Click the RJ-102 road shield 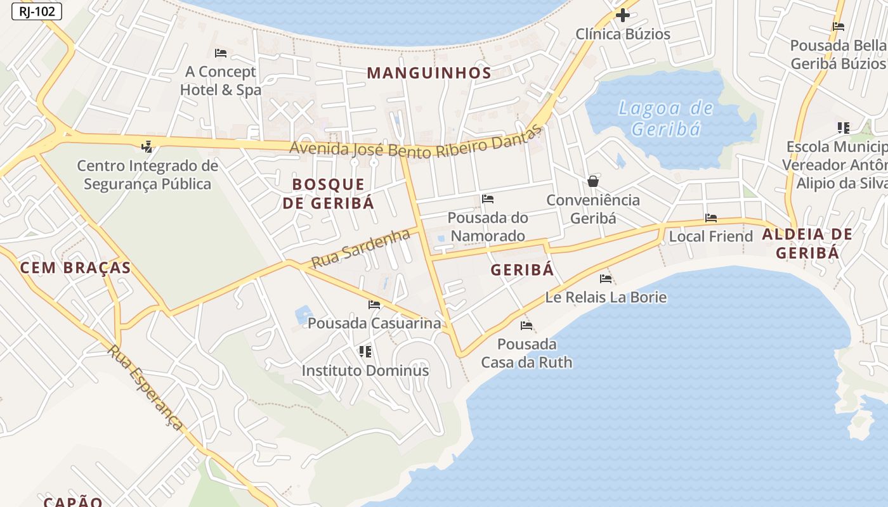(37, 11)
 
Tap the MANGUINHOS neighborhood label (429, 73)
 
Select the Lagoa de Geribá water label (666, 119)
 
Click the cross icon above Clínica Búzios (623, 15)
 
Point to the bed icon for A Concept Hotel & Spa (221, 53)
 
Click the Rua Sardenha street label (361, 248)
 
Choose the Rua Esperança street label (145, 388)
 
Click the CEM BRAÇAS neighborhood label (75, 267)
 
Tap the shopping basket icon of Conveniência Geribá (593, 181)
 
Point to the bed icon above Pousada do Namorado (488, 199)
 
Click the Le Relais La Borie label (606, 297)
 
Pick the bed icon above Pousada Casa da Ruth (526, 326)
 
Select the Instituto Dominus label (365, 370)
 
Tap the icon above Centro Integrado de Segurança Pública (147, 147)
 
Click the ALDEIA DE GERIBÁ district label (807, 243)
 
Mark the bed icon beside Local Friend (711, 218)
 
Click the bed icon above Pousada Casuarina (374, 305)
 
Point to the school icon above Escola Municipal (843, 128)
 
